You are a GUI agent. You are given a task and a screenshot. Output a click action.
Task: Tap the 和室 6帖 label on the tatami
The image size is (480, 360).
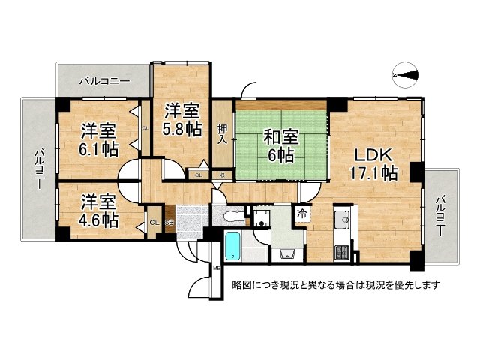point(281,147)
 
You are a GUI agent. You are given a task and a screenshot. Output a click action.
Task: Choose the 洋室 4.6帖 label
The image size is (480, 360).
point(99,211)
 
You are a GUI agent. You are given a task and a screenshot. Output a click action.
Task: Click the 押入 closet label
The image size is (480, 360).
point(223,134)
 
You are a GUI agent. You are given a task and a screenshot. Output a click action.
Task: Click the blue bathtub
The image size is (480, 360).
point(232,247)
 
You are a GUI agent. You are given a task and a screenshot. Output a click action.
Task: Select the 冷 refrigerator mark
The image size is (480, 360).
point(301,214)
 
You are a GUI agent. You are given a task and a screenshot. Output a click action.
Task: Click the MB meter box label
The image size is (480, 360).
point(216,268)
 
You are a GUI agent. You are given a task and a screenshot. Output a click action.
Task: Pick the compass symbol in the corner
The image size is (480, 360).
point(406,73)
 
